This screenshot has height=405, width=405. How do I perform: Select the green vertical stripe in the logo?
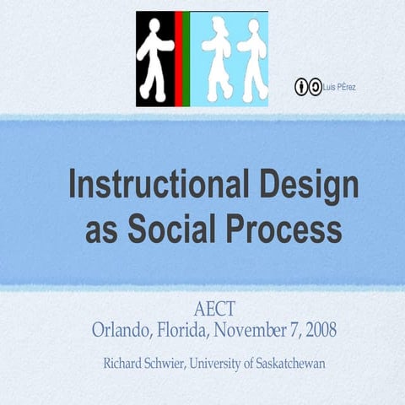186,59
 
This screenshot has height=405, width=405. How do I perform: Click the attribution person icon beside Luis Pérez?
301,87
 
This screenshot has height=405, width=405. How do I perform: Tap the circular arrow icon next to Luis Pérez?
314,87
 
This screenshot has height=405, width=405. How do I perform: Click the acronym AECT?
214,307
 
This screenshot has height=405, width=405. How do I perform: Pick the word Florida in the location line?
183,329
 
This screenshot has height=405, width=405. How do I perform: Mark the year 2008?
318,329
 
